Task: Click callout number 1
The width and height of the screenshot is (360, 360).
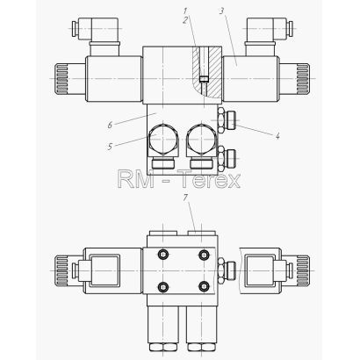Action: point(185,11)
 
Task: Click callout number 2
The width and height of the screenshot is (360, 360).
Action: point(185,20)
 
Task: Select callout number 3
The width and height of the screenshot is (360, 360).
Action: point(221,11)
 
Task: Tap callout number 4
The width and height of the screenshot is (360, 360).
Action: point(277,135)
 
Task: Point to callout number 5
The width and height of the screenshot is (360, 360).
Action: point(110,147)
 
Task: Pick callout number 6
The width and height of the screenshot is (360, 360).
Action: point(110,126)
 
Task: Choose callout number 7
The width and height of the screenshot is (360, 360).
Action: point(185,198)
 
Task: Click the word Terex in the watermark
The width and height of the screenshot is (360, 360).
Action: point(210,180)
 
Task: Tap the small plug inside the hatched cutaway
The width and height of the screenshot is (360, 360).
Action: point(204,79)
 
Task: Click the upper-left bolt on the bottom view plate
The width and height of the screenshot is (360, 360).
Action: point(162,255)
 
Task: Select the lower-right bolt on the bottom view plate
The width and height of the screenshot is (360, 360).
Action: point(204,286)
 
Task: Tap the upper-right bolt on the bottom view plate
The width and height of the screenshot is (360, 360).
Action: point(204,255)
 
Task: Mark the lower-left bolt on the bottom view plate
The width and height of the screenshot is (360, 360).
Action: point(162,286)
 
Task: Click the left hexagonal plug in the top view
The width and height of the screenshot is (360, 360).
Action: point(163,140)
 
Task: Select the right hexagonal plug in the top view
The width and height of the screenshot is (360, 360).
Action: point(202,140)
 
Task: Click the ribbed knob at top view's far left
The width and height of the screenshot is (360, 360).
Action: point(60,78)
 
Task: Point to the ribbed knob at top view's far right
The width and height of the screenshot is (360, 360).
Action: point(302,78)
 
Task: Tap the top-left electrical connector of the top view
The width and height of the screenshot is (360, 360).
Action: point(95,29)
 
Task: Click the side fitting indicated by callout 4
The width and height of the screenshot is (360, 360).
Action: point(227,121)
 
